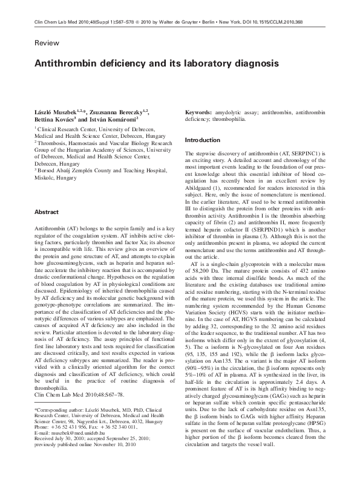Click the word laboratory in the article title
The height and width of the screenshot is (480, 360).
(x=215, y=63)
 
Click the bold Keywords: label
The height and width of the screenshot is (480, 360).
(x=200, y=113)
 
